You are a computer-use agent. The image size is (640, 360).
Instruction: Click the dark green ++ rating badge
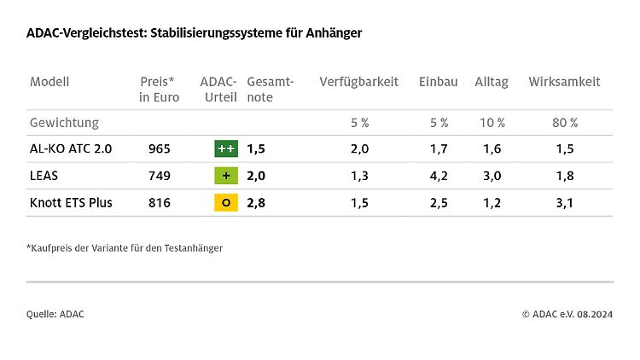[226, 148]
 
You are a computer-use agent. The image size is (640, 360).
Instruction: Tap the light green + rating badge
[226, 176]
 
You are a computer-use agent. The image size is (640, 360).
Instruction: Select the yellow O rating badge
[226, 203]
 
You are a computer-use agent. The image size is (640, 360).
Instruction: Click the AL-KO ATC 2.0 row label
[71, 148]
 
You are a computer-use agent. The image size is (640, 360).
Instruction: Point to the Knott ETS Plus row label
[71, 203]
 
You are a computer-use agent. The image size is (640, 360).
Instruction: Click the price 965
[160, 148]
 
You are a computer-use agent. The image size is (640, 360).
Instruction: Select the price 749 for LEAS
[160, 176]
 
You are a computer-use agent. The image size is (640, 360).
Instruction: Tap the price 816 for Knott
[160, 203]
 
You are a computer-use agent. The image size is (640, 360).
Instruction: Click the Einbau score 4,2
[439, 176]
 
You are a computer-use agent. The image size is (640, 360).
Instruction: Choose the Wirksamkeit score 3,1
[564, 203]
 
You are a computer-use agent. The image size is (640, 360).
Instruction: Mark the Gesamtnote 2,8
[256, 203]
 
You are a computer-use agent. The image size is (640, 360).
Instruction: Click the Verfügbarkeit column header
[358, 82]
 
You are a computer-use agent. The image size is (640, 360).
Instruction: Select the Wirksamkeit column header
[564, 82]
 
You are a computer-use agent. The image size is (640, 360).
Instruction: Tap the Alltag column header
[492, 82]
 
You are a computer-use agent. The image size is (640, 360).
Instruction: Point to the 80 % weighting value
[564, 123]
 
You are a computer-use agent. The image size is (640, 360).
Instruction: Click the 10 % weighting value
[492, 123]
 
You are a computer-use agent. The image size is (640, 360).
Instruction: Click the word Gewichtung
[64, 123]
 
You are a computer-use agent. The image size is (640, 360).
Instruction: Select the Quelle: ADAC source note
[55, 314]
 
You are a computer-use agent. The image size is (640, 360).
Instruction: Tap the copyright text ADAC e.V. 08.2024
[567, 314]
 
